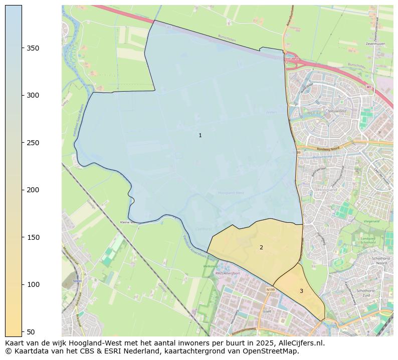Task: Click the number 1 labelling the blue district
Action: point(200,135)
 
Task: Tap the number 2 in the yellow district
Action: point(261,247)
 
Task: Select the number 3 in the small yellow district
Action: point(301,291)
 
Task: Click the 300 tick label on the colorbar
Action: point(33,95)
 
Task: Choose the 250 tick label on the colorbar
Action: point(33,143)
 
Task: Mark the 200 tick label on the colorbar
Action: point(33,190)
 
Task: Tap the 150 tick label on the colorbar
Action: point(33,237)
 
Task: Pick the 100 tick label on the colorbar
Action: point(33,284)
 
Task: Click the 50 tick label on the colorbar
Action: point(31,331)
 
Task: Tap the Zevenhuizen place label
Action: point(375,44)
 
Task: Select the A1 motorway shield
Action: point(369,87)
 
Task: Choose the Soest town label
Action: point(77,281)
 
